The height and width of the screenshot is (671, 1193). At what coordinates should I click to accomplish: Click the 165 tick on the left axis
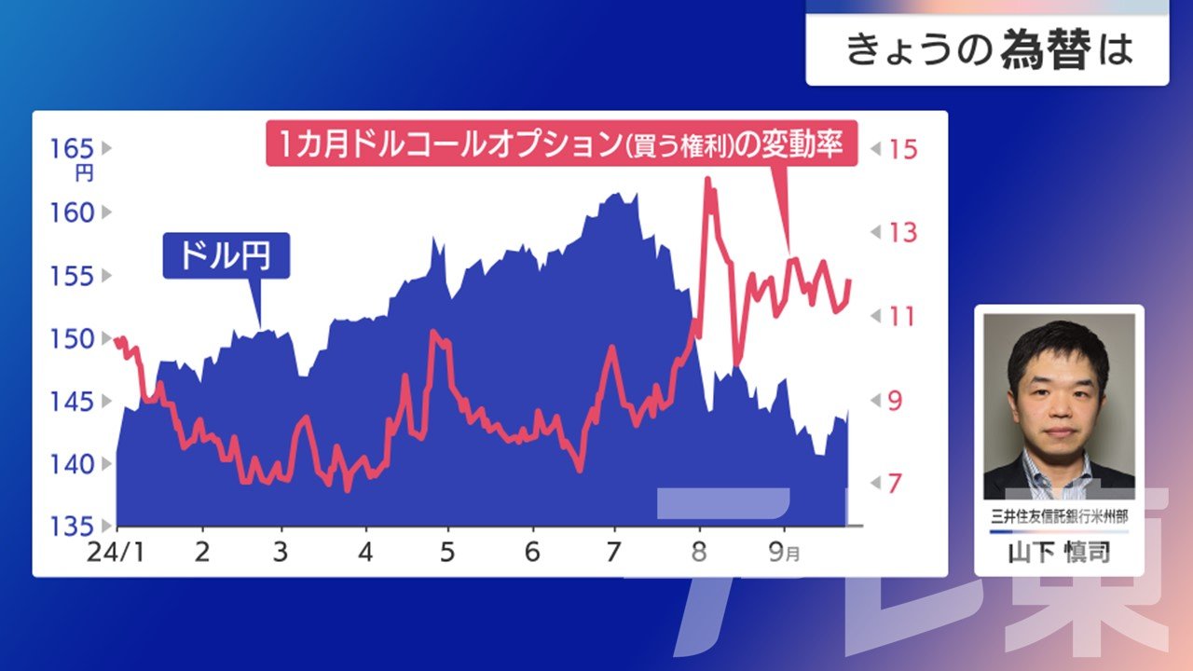(72, 148)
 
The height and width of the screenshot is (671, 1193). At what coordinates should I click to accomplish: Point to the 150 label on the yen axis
(72, 338)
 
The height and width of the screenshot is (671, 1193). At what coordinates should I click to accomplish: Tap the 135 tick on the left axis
(72, 527)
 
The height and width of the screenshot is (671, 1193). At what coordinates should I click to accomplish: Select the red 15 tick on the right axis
(903, 149)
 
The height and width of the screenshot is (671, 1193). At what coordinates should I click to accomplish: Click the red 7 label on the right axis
(896, 483)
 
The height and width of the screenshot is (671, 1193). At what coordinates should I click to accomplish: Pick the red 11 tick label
(901, 316)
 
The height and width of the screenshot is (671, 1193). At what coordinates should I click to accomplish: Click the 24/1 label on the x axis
(116, 553)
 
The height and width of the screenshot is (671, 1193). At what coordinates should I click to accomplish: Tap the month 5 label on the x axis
(447, 553)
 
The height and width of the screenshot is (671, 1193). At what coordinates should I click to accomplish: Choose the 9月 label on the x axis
(784, 553)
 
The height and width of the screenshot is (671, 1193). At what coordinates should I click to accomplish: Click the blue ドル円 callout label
(226, 255)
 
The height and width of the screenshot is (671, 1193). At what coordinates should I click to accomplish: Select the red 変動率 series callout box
(561, 144)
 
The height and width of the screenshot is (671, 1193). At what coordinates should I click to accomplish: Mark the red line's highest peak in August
(707, 179)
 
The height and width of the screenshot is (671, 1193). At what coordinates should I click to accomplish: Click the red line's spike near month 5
(433, 331)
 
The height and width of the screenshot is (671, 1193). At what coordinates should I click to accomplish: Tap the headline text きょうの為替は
(990, 49)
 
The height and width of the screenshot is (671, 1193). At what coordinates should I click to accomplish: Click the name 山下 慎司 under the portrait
(1060, 553)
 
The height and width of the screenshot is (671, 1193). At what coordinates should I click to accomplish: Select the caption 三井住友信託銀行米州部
(1060, 516)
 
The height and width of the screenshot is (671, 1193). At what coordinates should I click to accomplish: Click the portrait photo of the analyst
(1059, 407)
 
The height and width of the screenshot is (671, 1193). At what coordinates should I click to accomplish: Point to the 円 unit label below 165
(84, 173)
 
